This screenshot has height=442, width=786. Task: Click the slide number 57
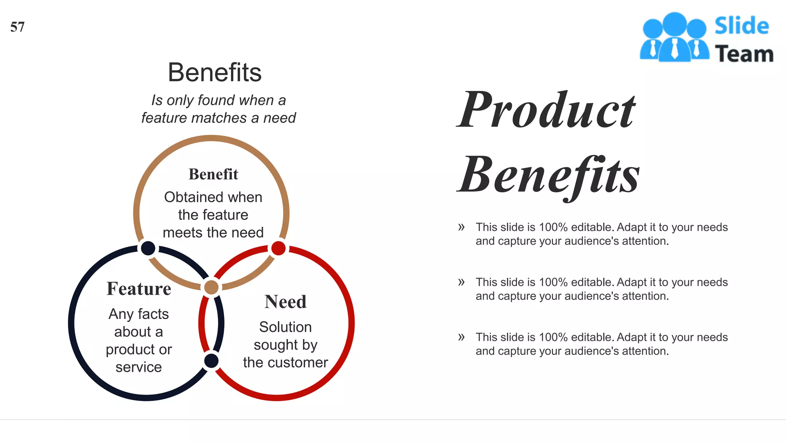click(17, 27)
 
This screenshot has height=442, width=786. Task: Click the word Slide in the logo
click(741, 26)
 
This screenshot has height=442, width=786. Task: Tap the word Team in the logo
click(744, 54)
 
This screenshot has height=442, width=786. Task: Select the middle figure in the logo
click(674, 37)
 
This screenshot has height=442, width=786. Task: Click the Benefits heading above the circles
click(215, 72)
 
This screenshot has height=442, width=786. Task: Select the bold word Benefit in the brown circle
click(213, 174)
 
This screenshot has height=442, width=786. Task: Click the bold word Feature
click(139, 289)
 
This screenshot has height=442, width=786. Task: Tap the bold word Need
click(286, 302)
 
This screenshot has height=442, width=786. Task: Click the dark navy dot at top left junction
click(148, 248)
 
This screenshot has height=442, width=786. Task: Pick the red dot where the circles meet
click(278, 248)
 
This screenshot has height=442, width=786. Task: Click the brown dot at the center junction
click(211, 287)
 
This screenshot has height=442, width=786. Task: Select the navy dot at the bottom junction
click(211, 361)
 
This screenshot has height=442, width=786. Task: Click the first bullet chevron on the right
click(461, 227)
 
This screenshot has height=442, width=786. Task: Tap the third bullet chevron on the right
click(461, 337)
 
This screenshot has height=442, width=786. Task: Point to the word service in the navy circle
click(139, 367)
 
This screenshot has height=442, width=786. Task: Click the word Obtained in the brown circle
click(188, 197)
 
